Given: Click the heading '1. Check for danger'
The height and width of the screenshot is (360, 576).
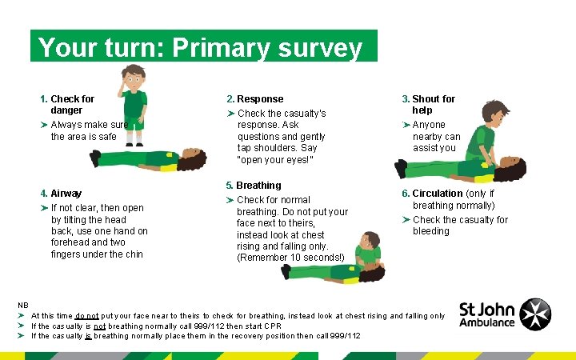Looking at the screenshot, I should [x=67, y=104].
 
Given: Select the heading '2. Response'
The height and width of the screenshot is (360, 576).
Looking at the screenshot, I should [x=254, y=98].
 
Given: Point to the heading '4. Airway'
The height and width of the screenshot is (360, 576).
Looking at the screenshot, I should [x=61, y=193].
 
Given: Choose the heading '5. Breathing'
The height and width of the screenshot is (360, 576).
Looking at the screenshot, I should [x=254, y=185].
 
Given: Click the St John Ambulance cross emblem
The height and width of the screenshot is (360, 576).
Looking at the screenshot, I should [x=535, y=313].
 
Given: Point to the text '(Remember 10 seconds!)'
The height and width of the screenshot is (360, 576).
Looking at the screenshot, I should [x=290, y=257].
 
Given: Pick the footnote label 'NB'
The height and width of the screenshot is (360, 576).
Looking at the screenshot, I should [x=23, y=305].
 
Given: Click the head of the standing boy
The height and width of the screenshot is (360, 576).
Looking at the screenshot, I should [x=134, y=78].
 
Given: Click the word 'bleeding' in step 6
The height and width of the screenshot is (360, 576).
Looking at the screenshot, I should [x=431, y=231].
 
